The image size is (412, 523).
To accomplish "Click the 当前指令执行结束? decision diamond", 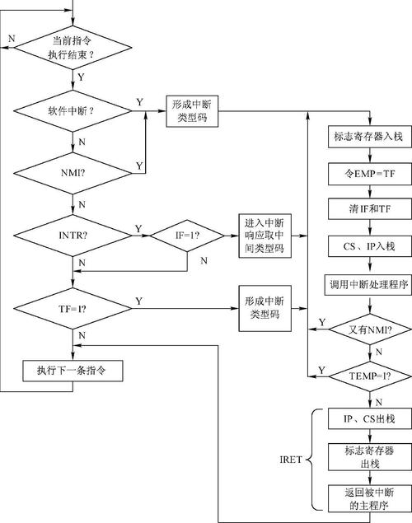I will click(73, 48).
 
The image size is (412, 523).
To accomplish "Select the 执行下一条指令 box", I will click(74, 370).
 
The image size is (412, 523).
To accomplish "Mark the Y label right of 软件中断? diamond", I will click(139, 100).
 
